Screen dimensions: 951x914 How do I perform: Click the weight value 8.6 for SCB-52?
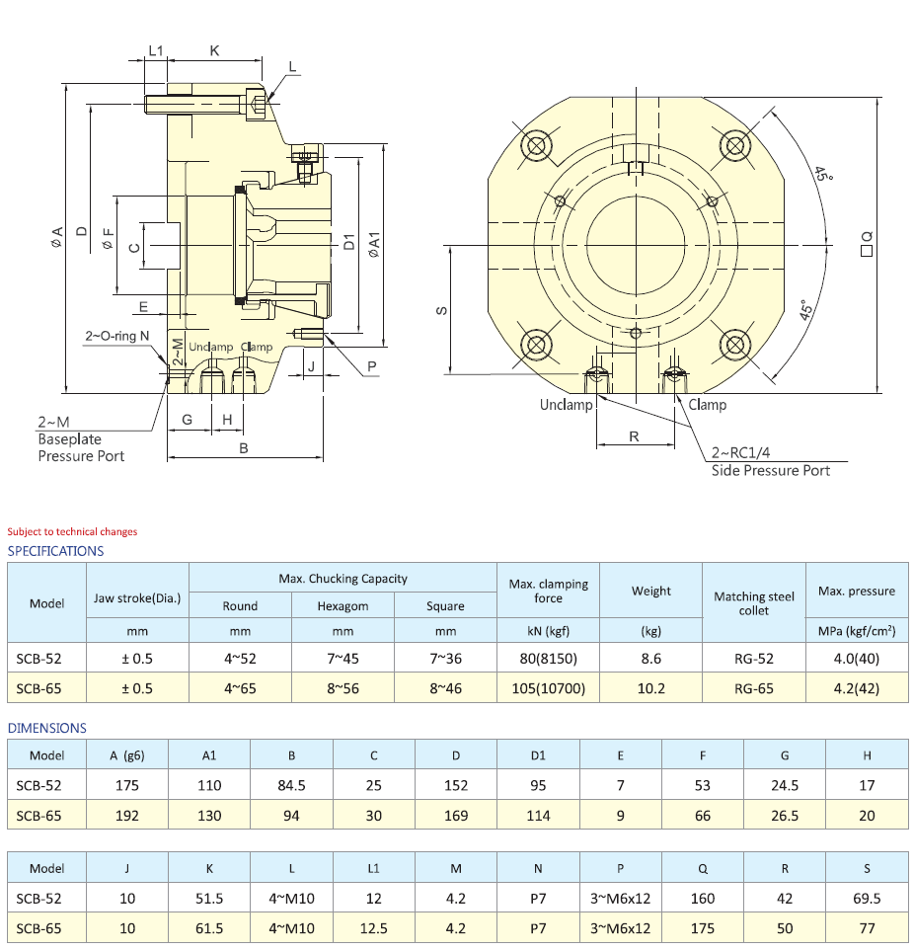(650, 658)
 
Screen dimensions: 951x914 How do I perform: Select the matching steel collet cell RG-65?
(753, 689)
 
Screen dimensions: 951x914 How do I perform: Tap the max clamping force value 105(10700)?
(548, 689)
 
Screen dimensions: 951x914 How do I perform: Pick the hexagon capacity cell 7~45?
(343, 658)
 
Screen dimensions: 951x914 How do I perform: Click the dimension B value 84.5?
(291, 787)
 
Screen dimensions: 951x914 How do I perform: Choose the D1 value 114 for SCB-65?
(538, 816)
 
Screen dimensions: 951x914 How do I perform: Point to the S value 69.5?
(867, 899)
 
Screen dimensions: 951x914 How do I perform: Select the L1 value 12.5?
(373, 928)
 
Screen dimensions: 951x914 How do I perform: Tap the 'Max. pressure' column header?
(856, 592)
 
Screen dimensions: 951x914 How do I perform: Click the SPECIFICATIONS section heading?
(55, 551)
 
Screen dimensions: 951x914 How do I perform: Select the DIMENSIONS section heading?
(47, 728)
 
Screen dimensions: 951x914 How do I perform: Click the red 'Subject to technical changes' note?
(72, 531)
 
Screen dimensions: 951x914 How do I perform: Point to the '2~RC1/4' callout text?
(743, 454)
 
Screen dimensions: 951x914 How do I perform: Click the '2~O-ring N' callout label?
(116, 337)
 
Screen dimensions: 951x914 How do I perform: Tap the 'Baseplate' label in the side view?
(69, 438)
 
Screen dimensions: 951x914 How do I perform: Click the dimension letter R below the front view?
(635, 436)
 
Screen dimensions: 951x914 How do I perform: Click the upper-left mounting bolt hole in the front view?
(537, 146)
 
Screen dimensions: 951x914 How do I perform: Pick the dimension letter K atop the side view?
(214, 49)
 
